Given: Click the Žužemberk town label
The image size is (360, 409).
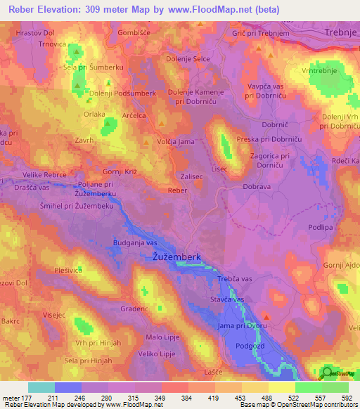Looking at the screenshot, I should coord(179,258).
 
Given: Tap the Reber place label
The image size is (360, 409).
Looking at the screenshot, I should coord(177,190).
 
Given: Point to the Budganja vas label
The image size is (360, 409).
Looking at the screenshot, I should coord(135,242).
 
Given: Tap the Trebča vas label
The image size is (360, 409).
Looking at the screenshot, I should coord(235,279).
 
